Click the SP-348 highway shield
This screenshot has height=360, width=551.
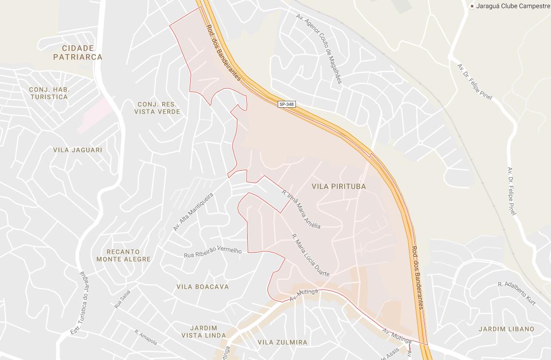click(286, 104)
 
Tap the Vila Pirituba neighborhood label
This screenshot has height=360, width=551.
click(339, 187)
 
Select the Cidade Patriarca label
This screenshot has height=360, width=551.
click(78, 53)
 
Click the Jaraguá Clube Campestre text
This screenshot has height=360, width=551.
click(513, 6)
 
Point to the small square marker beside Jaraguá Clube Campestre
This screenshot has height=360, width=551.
click(472, 6)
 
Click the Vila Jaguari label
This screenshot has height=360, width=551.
click(78, 150)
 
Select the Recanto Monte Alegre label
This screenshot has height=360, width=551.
click(123, 255)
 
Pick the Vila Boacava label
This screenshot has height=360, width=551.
click(203, 287)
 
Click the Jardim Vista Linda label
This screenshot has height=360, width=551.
click(203, 331)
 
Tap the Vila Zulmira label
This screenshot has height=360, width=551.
click(282, 342)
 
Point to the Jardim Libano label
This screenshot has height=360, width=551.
click(506, 329)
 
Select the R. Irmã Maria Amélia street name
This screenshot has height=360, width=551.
click(301, 209)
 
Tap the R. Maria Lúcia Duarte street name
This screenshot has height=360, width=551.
click(310, 255)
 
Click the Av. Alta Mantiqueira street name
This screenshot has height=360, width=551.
click(193, 212)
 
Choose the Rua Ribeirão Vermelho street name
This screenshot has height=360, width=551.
click(213, 252)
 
